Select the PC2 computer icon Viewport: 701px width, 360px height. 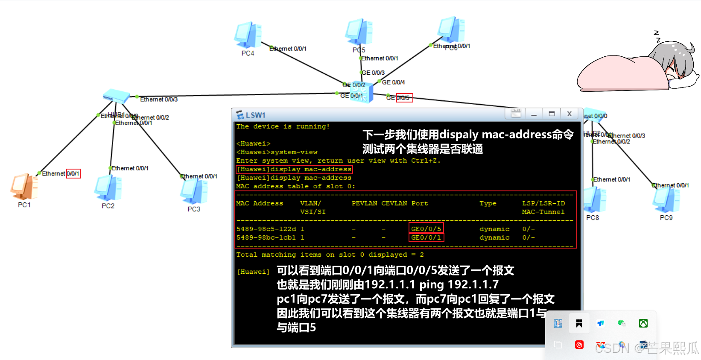point(108,188)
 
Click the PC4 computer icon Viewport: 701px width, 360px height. point(248,35)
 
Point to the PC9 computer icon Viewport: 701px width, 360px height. point(666,200)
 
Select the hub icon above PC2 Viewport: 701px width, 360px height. point(116,96)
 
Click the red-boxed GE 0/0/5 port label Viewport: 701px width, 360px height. point(404,98)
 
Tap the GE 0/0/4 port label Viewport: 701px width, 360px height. point(393,82)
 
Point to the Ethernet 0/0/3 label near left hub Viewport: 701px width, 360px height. point(159,100)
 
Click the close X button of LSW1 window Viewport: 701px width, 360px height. point(569,114)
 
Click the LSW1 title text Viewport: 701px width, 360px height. point(255,115)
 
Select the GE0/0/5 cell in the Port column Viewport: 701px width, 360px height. point(426,229)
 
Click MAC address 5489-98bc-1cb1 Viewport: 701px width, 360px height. point(266,237)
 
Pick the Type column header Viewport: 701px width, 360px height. point(488,203)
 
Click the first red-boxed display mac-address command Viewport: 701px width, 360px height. point(294,170)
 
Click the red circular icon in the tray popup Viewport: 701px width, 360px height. point(579,345)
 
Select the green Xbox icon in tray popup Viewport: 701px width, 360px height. point(643,323)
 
